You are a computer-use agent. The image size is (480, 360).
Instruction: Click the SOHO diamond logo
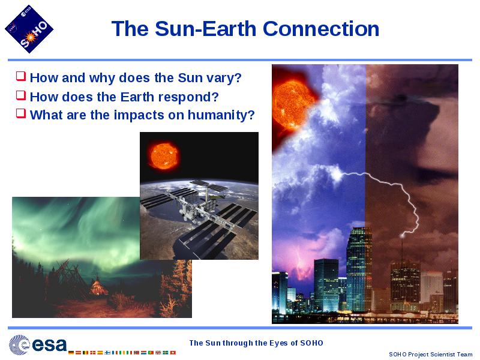click(x=29, y=29)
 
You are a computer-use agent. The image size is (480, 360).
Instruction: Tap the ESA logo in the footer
click(x=38, y=345)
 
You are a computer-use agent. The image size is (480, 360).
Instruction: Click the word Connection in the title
click(x=321, y=29)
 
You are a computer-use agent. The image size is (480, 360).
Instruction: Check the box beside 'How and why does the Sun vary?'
click(x=21, y=76)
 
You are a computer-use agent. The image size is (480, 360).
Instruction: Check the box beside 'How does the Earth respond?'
click(x=21, y=95)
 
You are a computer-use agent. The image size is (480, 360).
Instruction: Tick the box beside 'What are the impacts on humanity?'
click(x=21, y=113)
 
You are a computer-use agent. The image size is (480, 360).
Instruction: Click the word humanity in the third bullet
click(x=221, y=115)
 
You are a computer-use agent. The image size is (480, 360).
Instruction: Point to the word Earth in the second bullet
click(x=137, y=97)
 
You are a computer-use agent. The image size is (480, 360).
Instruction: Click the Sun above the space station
click(x=164, y=155)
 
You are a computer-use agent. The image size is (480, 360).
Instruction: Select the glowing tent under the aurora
click(x=98, y=286)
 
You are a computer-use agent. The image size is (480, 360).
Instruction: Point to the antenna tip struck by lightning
click(x=402, y=235)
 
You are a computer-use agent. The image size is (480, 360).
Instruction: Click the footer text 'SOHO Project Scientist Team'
click(x=430, y=355)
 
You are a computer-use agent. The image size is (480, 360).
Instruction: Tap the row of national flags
click(x=122, y=353)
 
